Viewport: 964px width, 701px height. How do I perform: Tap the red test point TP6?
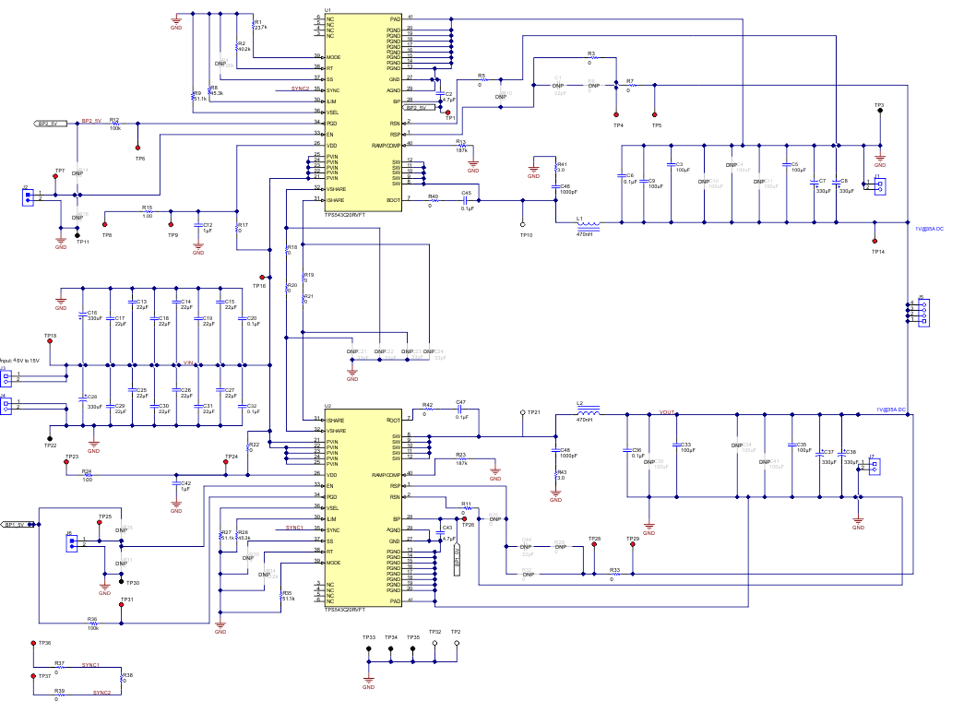point(138,147)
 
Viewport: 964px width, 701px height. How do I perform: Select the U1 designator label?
point(327,9)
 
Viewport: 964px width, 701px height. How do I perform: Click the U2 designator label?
point(327,406)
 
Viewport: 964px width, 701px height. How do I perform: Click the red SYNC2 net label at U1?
point(300,89)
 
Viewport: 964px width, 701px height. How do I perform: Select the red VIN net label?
point(187,363)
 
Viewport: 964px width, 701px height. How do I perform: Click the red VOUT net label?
point(668,413)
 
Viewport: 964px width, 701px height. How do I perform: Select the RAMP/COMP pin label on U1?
point(387,145)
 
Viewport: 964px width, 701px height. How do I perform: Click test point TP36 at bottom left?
point(33,643)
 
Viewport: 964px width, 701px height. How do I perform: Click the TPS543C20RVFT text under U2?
point(345,610)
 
